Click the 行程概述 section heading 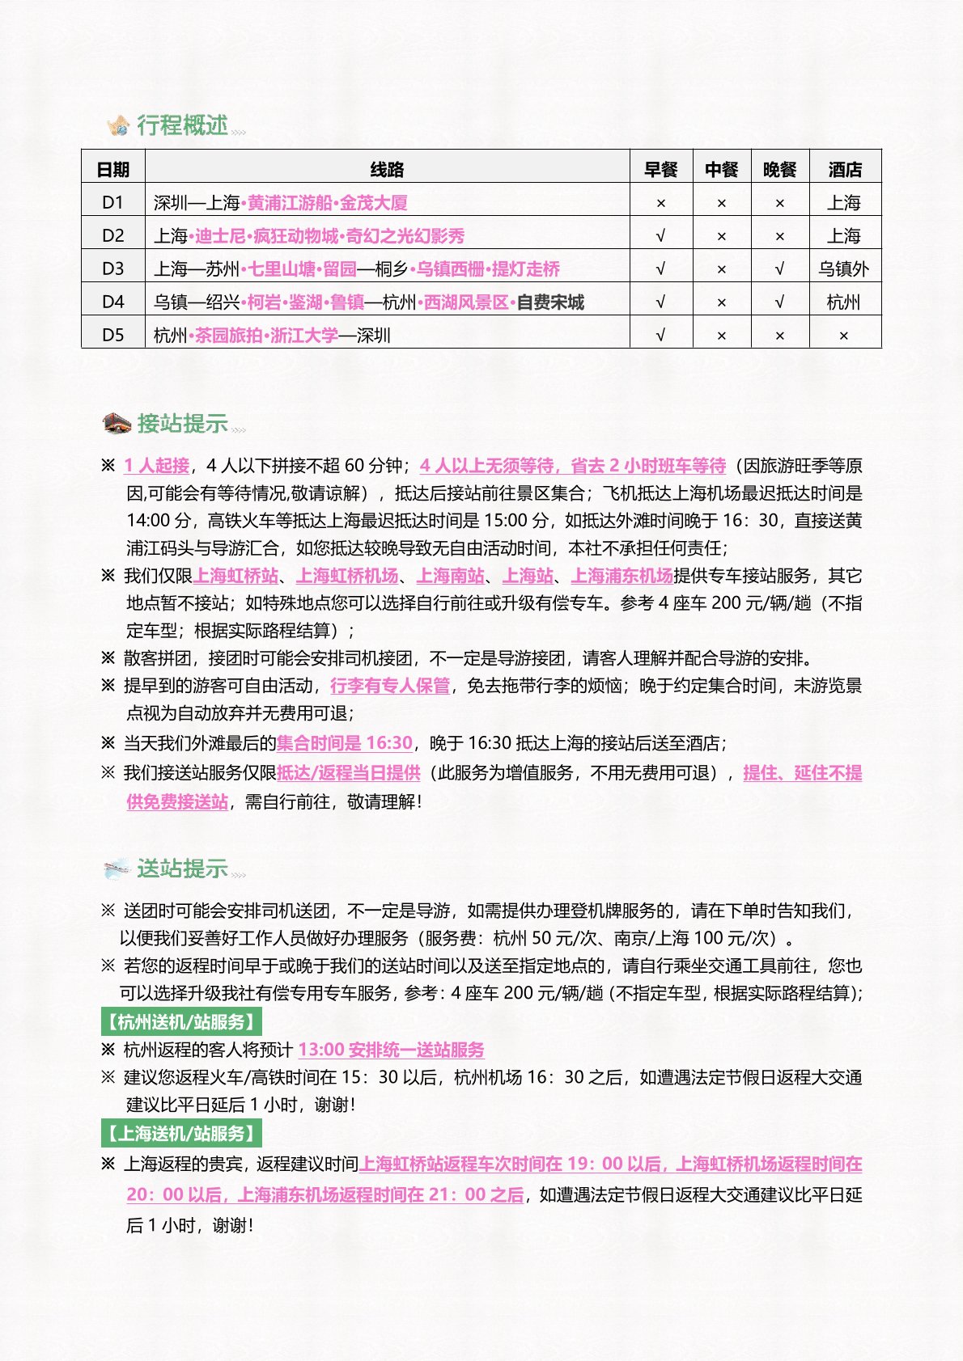point(182,125)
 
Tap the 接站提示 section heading point(182,423)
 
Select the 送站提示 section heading point(182,869)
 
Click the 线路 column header point(387,169)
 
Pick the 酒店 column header point(845,169)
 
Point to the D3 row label point(113,268)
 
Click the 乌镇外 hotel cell point(844,268)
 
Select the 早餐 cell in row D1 point(661,203)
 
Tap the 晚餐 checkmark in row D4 point(779,302)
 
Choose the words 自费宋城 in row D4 point(550,302)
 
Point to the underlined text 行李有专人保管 point(390,686)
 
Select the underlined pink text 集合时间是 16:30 point(345,743)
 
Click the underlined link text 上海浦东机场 point(621,576)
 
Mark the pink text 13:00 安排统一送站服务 point(391,1050)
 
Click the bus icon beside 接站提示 point(117,423)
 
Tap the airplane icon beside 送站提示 point(117,869)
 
